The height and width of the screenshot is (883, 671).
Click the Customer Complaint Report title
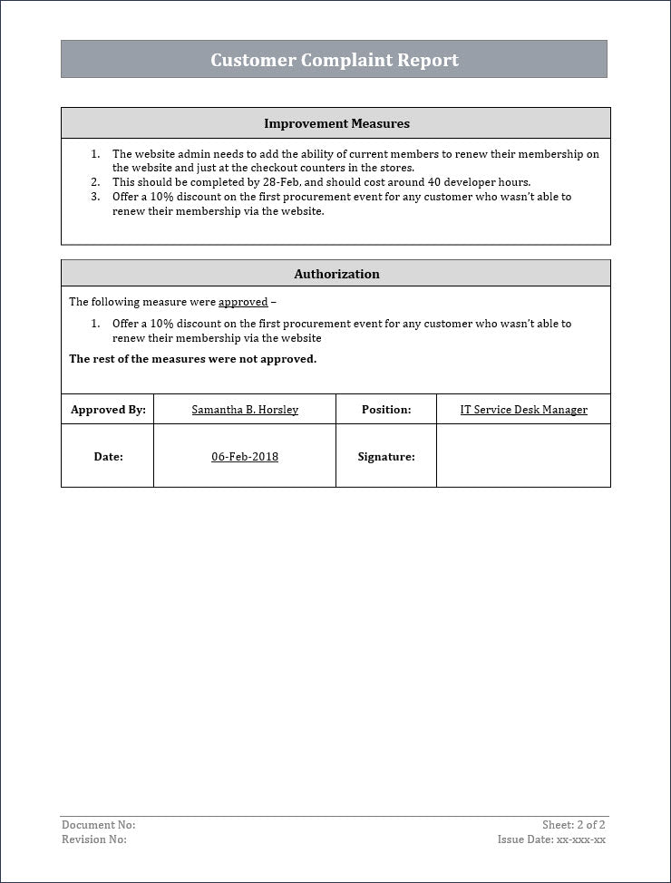335,60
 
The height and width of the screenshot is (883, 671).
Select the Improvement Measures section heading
336,123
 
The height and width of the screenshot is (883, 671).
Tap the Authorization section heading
336,274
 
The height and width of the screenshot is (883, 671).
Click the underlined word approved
243,302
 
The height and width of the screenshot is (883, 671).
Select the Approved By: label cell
108,410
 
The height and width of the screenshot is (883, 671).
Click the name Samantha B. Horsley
245,410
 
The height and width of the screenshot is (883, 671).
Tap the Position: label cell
386,410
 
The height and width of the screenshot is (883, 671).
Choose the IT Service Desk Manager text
523,410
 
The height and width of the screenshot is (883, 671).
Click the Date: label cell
108,457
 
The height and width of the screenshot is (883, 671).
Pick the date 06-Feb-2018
245,457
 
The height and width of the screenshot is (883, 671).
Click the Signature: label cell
386,457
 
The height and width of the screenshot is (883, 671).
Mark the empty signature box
523,456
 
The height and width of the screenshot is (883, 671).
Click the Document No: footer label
98,825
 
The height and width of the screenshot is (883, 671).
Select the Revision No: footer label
94,839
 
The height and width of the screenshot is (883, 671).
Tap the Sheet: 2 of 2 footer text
573,825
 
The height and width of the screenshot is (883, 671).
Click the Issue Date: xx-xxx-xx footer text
551,839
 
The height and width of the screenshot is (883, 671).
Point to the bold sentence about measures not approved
193,359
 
